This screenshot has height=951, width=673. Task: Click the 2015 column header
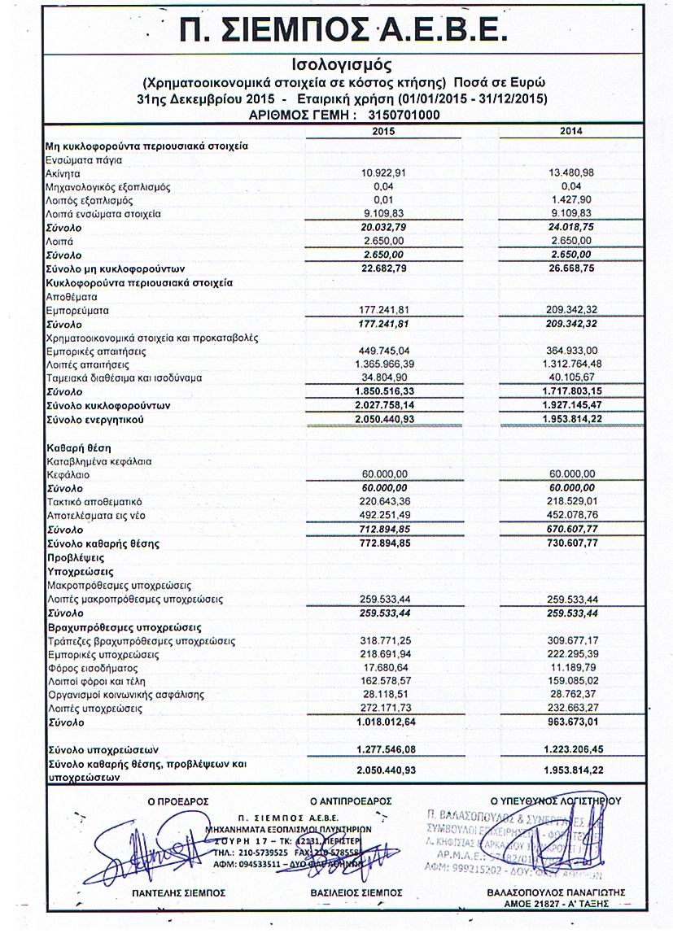(x=382, y=131)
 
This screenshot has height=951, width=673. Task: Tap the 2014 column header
(x=571, y=131)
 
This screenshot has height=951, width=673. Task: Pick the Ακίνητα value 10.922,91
(x=382, y=172)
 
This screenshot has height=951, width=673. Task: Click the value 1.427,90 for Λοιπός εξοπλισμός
(x=571, y=199)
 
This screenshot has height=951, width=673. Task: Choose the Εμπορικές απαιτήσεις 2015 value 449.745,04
(x=382, y=351)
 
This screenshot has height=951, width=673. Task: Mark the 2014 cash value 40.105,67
(x=571, y=378)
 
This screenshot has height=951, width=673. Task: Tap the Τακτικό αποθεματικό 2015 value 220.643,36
(x=382, y=502)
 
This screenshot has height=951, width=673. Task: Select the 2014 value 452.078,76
(x=571, y=515)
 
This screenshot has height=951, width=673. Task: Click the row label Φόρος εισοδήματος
(x=90, y=668)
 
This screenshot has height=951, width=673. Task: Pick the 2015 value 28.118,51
(x=382, y=695)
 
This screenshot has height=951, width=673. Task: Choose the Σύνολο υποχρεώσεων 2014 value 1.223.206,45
(x=571, y=748)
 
